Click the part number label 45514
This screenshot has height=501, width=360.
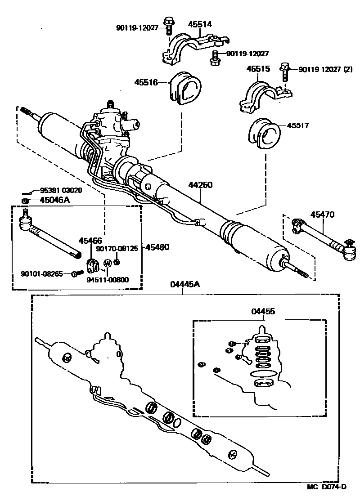(x=201, y=24)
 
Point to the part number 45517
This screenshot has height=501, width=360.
(x=297, y=126)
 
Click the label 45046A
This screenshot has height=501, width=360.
(x=54, y=200)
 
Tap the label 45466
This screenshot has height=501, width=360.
(x=91, y=241)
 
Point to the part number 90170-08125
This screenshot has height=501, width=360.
(x=118, y=248)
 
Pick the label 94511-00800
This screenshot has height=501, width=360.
(x=108, y=280)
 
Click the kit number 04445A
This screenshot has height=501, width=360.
(x=183, y=284)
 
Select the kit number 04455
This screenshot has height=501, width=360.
(x=263, y=311)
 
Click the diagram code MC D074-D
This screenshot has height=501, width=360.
(x=327, y=487)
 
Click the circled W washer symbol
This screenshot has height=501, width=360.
(x=108, y=263)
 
